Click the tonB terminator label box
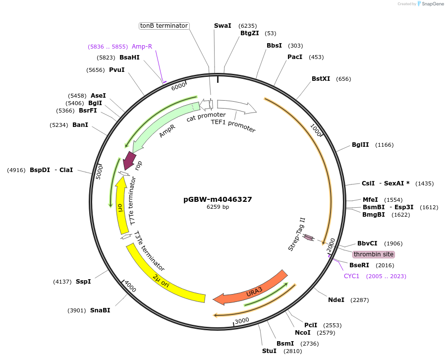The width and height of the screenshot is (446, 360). tap(164, 25)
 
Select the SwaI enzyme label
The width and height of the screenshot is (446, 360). tap(223, 25)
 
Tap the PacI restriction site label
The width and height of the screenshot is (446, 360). tap(295, 57)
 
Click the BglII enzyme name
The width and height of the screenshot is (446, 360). tap(360, 145)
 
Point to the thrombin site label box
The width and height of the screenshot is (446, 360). tap(374, 254)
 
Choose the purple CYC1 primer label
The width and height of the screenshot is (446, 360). tap(351, 276)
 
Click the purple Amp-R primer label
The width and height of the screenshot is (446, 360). tap(142, 47)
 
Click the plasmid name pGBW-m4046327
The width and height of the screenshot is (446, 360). tap(218, 199)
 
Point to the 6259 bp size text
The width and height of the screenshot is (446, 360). tap(218, 207)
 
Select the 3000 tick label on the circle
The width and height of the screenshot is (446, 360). tap(242, 321)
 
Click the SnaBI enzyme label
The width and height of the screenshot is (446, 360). tap(100, 310)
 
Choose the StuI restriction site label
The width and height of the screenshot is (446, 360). tap(269, 351)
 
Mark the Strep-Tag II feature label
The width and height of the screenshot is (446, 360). tap(296, 234)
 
